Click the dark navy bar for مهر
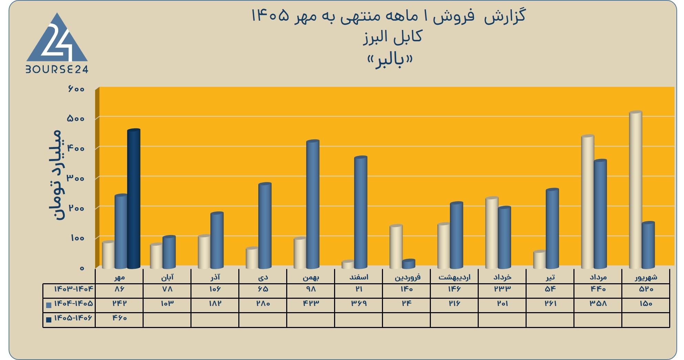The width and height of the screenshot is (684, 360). point(134,199)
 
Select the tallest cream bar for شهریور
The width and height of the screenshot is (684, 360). point(635,190)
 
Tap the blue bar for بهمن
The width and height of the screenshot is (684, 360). point(313,204)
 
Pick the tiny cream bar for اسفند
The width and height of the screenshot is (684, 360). point(348,264)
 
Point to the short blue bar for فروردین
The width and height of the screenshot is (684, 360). point(408,264)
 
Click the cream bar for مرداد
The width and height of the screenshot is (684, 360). point(588,202)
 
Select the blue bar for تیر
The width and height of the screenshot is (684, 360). point(552,229)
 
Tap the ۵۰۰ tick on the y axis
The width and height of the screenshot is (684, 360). point(76,118)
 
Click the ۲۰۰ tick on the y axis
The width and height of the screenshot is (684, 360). point(76,208)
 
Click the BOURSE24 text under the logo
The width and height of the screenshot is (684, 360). point(57,70)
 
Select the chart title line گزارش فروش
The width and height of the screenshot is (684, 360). point(388,16)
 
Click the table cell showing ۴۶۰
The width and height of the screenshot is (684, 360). point(120,318)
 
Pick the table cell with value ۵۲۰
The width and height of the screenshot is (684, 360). point(646,289)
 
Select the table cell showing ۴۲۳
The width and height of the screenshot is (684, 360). point(311,304)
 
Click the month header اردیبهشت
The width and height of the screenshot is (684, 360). point(454,277)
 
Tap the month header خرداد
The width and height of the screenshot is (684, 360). point(502,277)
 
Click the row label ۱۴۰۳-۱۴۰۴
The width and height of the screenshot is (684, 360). point(73,289)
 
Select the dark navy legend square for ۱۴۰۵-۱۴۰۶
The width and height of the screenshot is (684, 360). point(49,320)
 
